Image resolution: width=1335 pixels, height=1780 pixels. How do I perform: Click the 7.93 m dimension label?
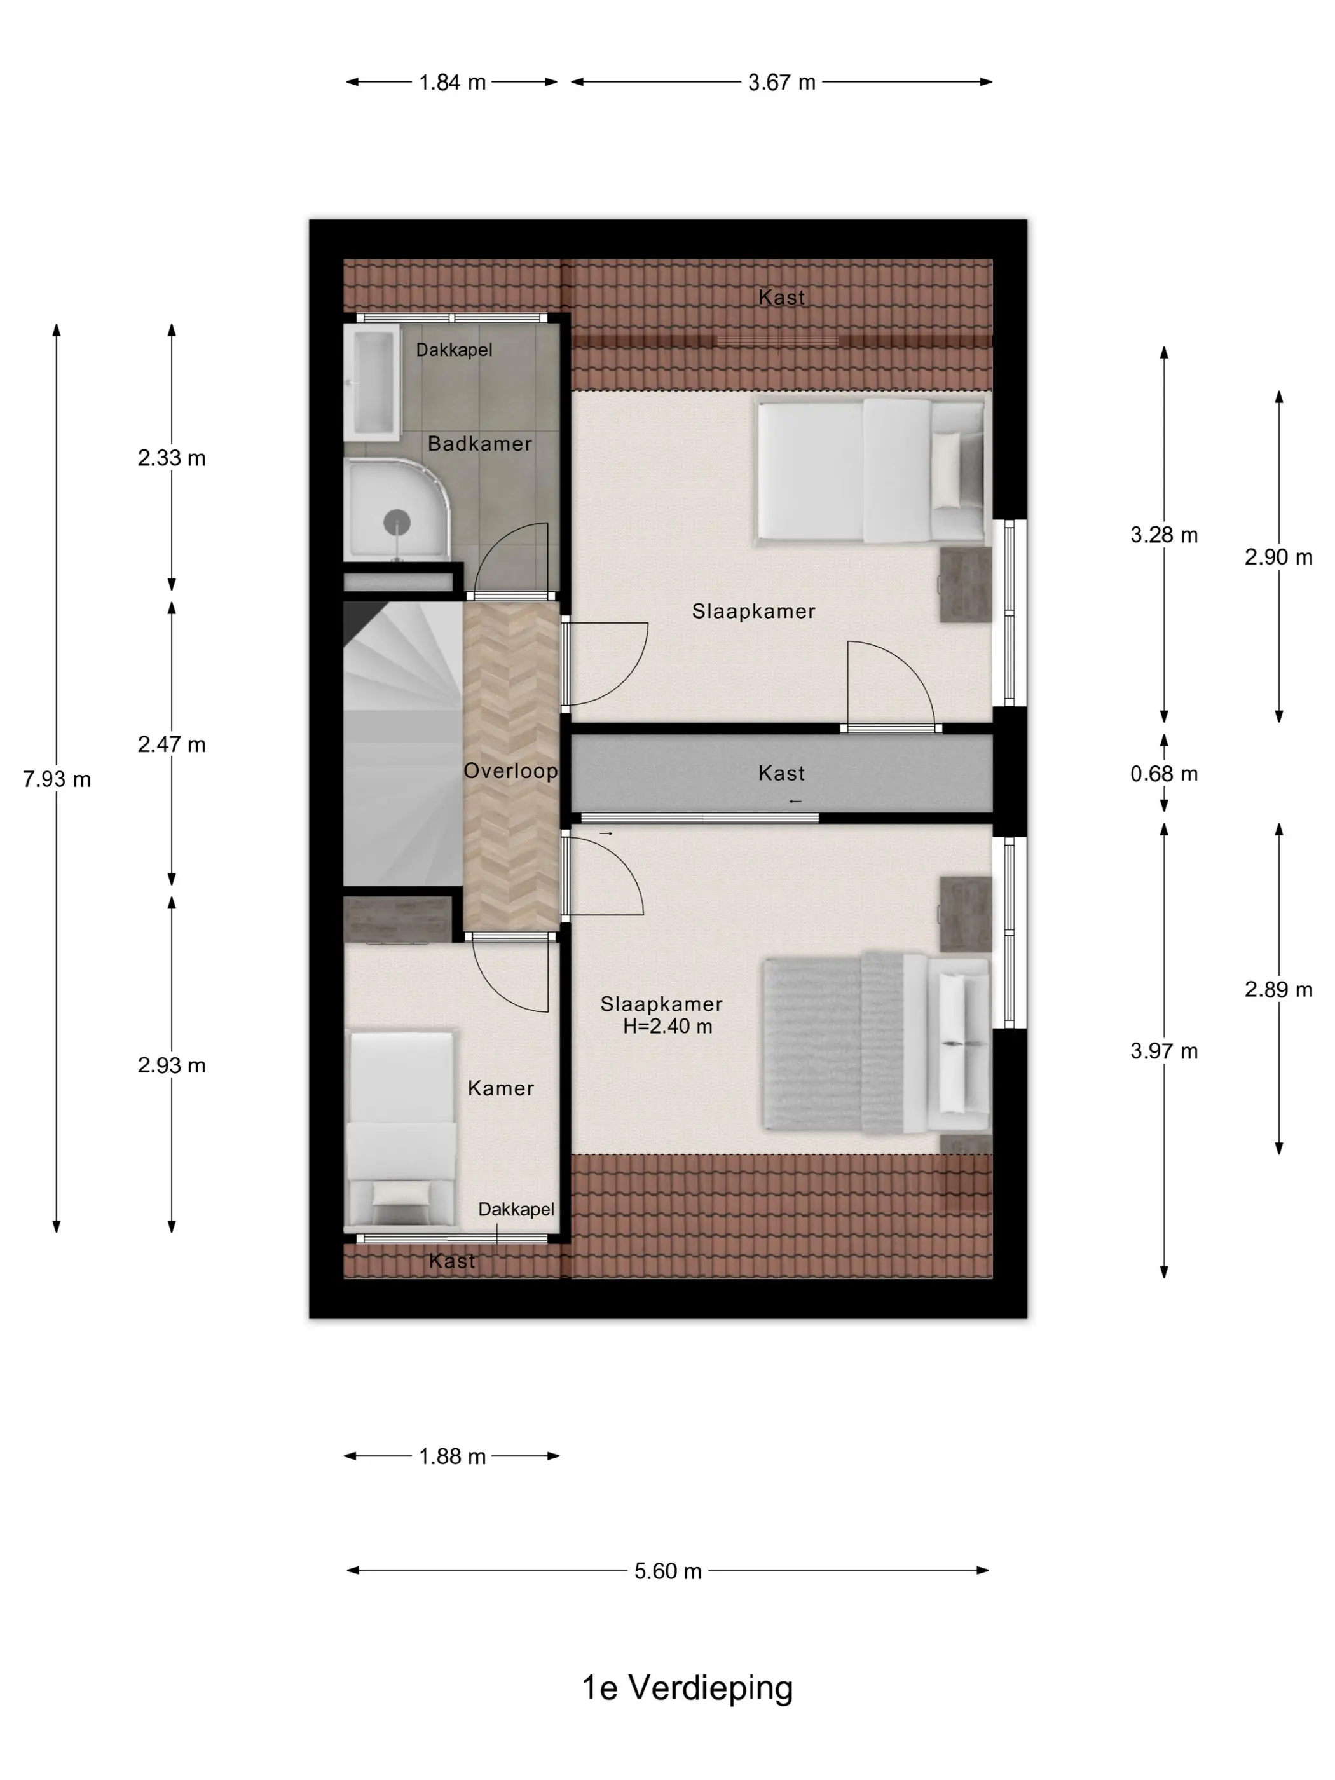57,779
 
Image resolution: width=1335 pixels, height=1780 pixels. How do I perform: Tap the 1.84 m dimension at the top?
452,82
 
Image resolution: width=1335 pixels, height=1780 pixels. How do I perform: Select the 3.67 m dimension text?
781,82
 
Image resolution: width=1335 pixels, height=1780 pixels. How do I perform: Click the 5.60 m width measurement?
668,1571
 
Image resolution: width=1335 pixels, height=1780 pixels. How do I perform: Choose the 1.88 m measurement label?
452,1456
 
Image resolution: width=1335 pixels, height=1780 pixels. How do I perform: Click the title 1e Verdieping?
687,1688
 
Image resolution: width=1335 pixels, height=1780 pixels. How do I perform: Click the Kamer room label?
500,1088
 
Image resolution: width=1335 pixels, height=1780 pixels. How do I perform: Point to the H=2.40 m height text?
667,1026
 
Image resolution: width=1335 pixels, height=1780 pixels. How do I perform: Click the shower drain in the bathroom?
397,523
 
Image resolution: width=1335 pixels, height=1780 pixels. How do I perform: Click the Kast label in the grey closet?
781,773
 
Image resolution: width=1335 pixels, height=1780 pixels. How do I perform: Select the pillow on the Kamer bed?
402,1193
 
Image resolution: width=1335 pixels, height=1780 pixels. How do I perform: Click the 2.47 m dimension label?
172,744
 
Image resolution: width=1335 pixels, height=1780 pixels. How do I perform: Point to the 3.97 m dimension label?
1163,1051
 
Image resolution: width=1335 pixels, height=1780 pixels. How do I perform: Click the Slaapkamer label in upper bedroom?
753,611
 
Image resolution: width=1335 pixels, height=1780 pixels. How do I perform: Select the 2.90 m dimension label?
1278,557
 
